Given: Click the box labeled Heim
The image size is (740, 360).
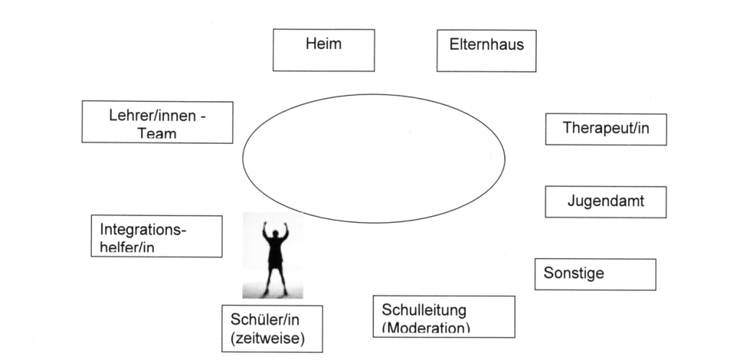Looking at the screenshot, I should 324,49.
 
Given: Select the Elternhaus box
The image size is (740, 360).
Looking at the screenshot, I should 487,51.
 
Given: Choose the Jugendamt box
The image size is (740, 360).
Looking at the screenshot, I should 606,202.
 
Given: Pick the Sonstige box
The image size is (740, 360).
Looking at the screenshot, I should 595,274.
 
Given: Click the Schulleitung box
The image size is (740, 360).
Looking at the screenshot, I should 444,316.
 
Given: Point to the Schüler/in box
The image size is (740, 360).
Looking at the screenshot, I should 272,327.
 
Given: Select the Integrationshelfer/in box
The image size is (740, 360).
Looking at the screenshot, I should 157,236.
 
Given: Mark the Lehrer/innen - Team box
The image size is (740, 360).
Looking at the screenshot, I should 157,122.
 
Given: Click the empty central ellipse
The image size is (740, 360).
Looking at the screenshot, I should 374,159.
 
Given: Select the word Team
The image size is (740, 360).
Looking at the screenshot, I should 157,134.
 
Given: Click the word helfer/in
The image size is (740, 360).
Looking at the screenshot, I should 128,247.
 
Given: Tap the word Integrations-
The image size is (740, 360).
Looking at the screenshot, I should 143,231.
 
